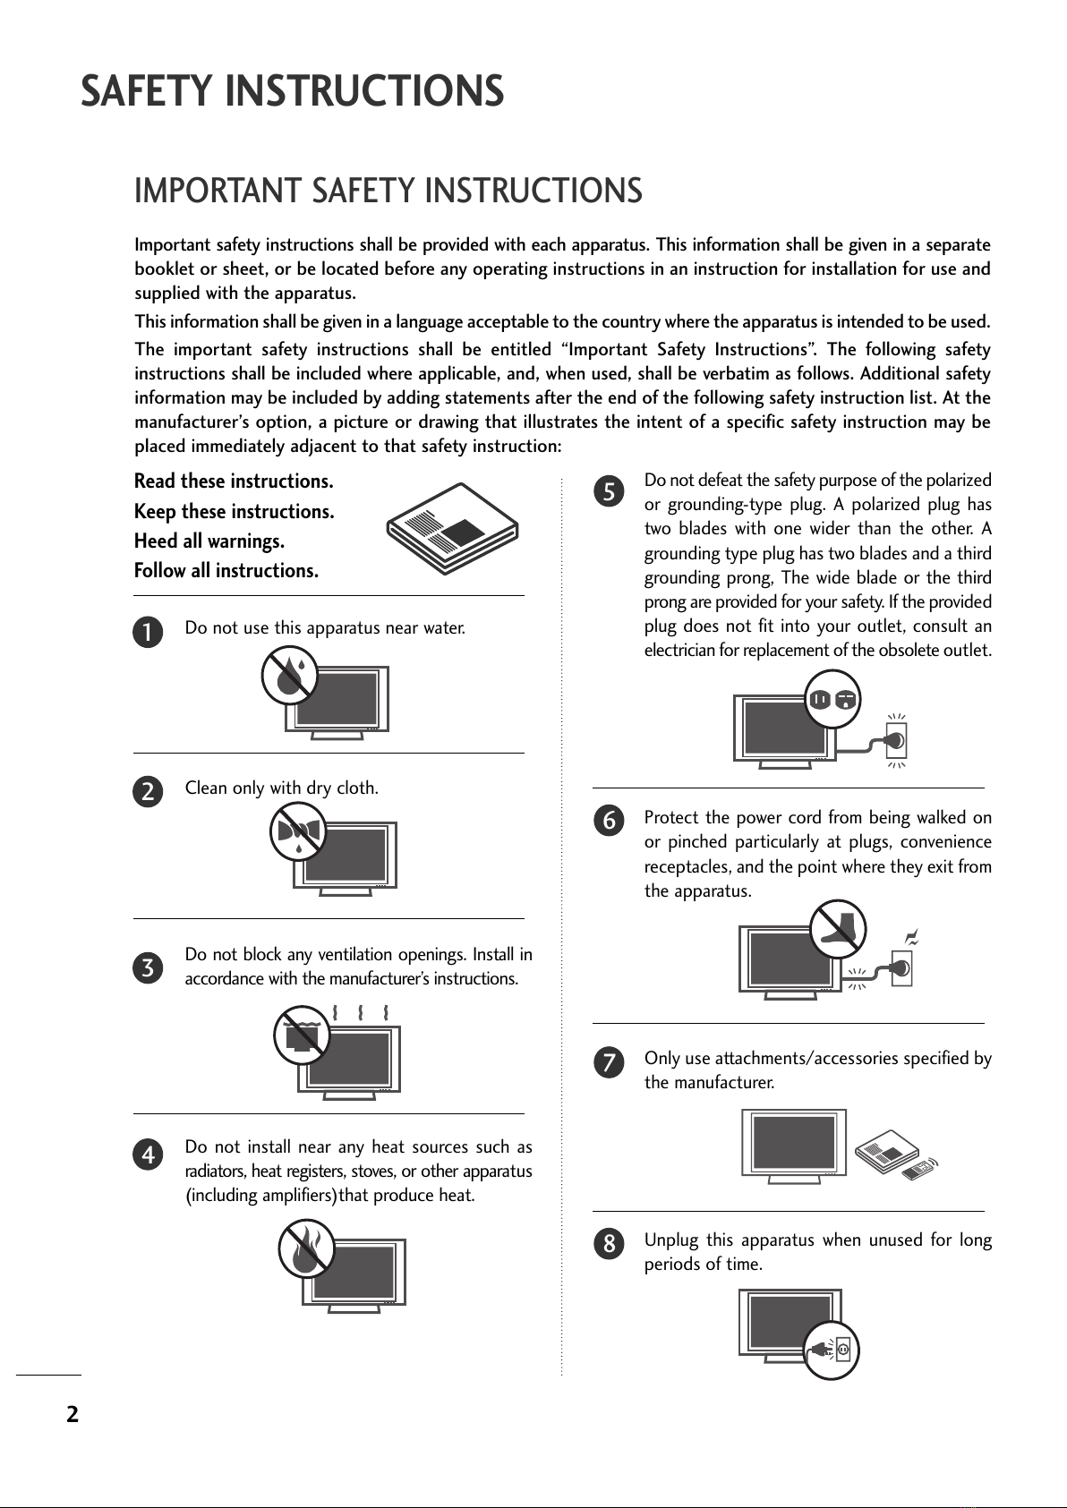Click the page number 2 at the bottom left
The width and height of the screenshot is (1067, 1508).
point(72,1414)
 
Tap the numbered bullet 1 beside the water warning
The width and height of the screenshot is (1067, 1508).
point(149,633)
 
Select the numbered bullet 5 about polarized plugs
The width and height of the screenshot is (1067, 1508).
point(609,491)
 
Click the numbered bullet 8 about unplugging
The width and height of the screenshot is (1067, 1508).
point(609,1244)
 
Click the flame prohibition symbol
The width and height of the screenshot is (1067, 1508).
point(306,1250)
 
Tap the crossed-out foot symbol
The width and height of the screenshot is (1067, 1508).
point(839,928)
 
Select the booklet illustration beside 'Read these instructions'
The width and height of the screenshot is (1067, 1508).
point(453,528)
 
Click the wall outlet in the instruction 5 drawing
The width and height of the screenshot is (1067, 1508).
point(895,740)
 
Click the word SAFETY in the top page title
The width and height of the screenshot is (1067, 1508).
point(146,91)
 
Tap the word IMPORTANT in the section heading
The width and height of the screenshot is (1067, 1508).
point(217,192)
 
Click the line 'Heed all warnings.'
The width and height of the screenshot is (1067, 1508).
point(209,541)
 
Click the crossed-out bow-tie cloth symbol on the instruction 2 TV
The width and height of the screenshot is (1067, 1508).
point(298,831)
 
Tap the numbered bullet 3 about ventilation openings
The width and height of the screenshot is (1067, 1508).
point(149,967)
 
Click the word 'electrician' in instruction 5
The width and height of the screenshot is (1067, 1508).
point(678,651)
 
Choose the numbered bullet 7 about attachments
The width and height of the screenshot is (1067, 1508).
point(609,1063)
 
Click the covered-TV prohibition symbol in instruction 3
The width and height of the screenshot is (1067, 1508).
point(302,1035)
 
